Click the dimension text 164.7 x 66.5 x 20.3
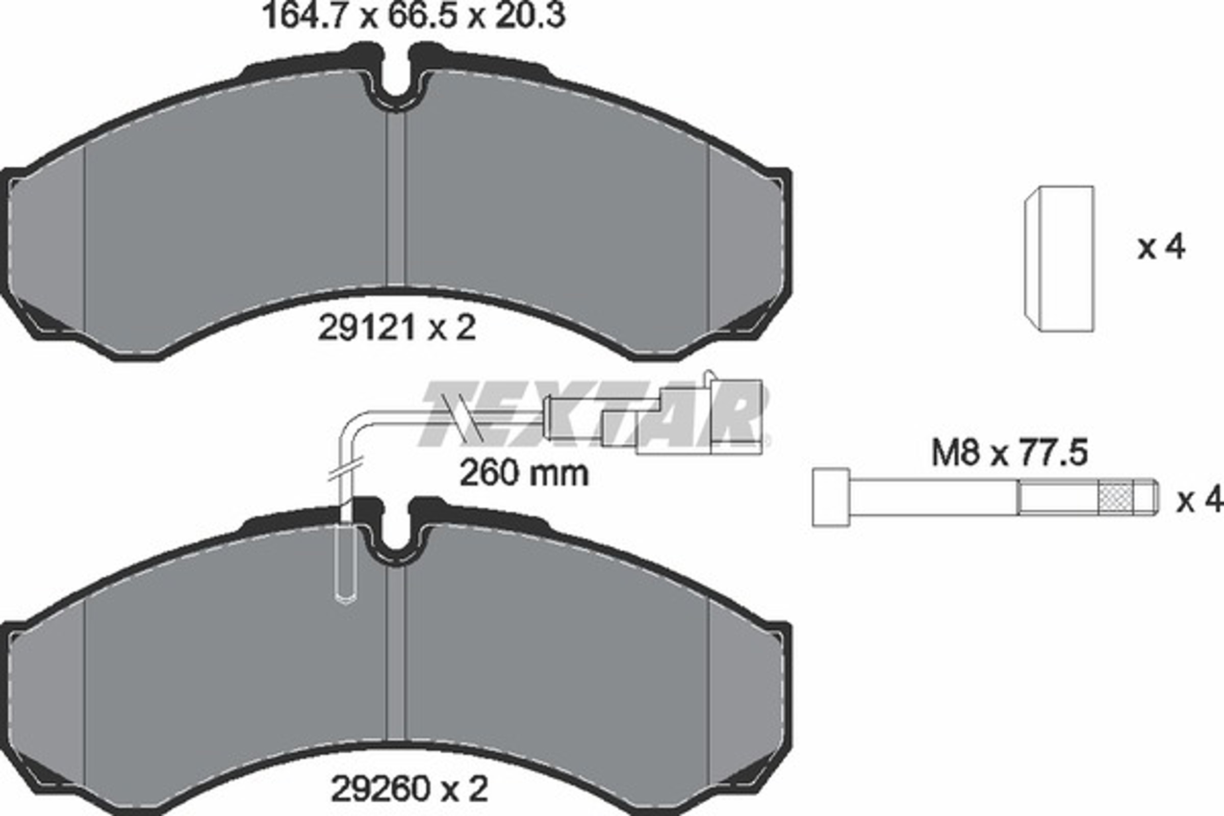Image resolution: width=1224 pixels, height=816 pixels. tap(415, 16)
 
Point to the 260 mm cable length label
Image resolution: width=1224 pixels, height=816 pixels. tap(524, 473)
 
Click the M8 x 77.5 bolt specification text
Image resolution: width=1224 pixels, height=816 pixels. tap(1009, 452)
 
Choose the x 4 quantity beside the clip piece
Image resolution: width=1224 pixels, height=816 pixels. tap(1161, 247)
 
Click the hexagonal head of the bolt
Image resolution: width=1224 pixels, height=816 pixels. tap(831, 497)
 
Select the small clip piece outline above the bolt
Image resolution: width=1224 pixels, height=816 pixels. tap(1059, 258)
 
